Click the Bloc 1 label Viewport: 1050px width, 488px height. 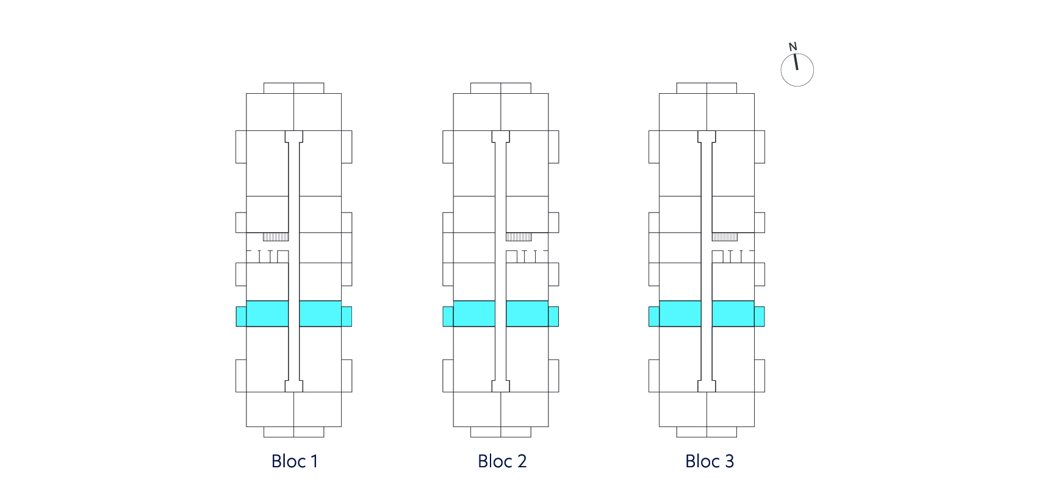pos(295,461)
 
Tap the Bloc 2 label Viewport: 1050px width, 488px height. pos(502,461)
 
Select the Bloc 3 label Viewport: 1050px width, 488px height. pos(710,461)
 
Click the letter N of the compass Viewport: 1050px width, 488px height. pos(793,46)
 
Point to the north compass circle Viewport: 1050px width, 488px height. pos(797,85)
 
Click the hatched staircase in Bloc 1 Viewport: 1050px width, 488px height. pos(276,236)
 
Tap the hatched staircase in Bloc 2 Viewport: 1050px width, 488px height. pos(519,236)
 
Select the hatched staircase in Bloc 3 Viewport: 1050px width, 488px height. pos(725,236)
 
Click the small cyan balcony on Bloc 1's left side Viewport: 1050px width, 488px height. pos(241,316)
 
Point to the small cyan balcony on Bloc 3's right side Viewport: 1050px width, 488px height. pos(760,316)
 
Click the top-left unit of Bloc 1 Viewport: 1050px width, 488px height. pos(270,112)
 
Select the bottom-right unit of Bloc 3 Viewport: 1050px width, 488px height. pos(731,409)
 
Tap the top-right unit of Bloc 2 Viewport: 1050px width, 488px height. pos(525,112)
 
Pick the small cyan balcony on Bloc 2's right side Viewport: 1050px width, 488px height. pos(553,316)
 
